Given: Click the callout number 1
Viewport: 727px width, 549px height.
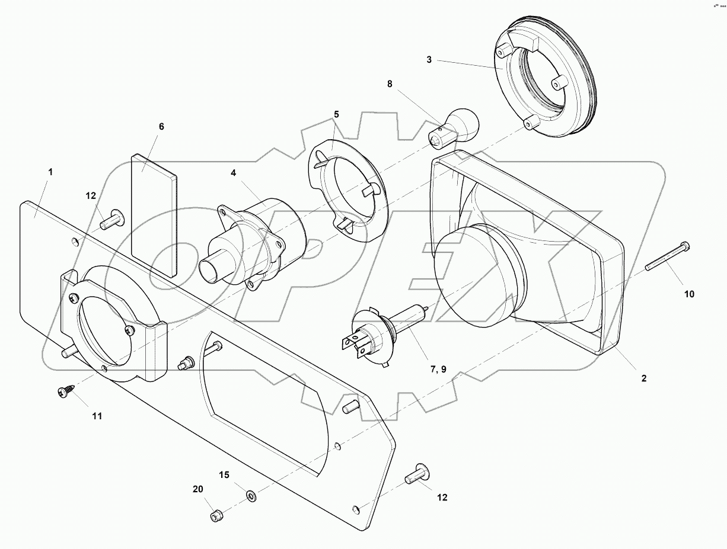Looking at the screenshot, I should (50, 172).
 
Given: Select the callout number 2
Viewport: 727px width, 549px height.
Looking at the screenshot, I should (644, 378).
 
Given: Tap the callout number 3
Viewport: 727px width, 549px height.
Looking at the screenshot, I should (429, 60).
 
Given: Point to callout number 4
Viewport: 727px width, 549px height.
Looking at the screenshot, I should (234, 173).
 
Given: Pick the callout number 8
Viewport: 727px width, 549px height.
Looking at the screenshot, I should (390, 84).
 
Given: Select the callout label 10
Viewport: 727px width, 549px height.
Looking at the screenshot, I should (689, 294).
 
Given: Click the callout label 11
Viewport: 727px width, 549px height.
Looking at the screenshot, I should (97, 416).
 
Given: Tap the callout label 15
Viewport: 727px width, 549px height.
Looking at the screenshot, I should (224, 475).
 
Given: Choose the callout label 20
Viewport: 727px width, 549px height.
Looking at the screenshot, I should (197, 489).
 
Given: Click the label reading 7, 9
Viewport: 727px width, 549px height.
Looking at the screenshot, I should (439, 370).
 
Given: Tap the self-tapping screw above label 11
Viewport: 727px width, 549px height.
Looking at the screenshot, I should (65, 391).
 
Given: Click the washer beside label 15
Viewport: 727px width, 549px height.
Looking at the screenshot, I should (251, 494).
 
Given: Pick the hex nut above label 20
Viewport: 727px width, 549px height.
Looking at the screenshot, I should (216, 516).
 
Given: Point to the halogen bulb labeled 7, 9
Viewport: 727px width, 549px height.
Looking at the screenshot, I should (380, 332).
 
